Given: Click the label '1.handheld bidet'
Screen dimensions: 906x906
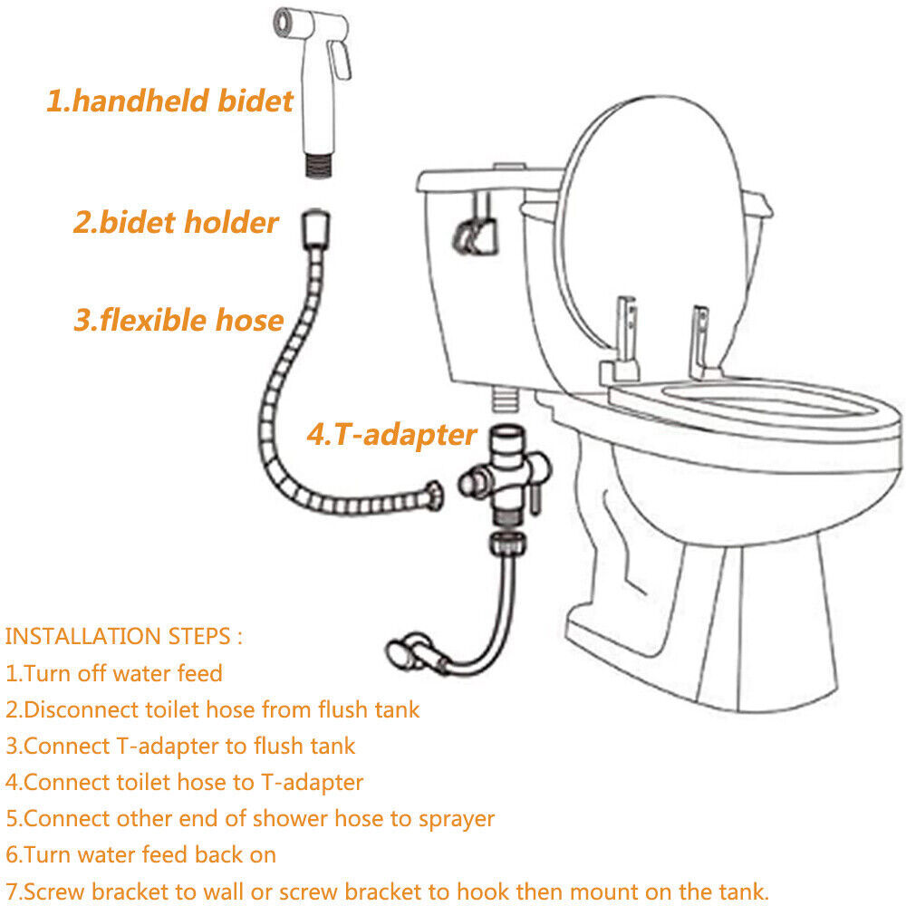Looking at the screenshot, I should click(169, 101).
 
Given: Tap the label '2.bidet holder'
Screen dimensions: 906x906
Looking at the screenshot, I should click(176, 222).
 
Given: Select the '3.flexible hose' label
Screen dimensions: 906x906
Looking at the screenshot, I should click(178, 320).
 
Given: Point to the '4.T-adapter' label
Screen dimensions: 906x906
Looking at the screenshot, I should click(390, 435).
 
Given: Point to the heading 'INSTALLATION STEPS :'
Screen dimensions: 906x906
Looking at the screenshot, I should click(124, 635).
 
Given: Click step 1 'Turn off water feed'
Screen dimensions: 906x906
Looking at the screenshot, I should click(114, 673).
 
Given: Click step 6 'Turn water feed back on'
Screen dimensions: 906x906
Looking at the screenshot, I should click(140, 854).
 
